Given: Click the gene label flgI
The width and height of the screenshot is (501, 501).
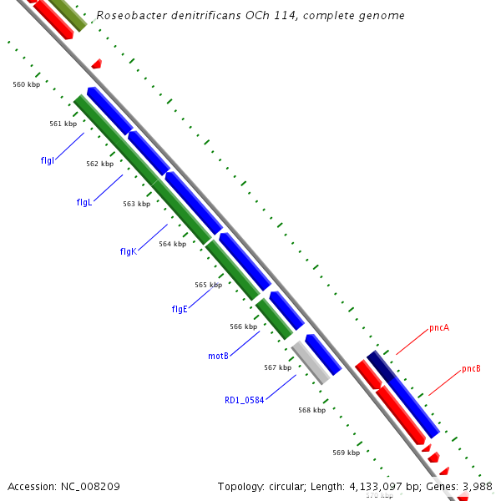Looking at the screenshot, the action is (48, 159).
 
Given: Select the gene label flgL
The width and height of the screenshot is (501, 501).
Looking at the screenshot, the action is (83, 202).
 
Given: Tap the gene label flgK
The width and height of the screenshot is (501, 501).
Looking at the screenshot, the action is (128, 251).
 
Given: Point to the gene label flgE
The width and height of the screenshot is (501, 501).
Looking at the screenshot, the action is (180, 309).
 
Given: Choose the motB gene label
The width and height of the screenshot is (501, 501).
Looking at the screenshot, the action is (218, 356).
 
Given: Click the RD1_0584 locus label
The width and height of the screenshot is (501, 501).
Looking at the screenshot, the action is (244, 400).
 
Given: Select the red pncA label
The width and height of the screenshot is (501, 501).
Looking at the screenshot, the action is (439, 328).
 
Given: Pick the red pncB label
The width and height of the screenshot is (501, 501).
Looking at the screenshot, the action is (471, 369).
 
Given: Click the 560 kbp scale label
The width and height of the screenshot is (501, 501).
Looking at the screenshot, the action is (27, 84).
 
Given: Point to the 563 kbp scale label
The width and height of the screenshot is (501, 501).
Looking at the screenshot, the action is (136, 204).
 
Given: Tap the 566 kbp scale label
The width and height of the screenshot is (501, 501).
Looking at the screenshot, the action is (243, 326).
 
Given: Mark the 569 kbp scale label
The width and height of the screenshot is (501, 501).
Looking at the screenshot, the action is (346, 453).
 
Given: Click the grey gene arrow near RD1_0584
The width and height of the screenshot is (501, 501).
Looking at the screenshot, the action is (311, 362).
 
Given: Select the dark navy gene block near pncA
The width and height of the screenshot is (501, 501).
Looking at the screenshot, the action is (381, 366).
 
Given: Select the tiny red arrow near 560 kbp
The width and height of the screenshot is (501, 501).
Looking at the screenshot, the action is (97, 63).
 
